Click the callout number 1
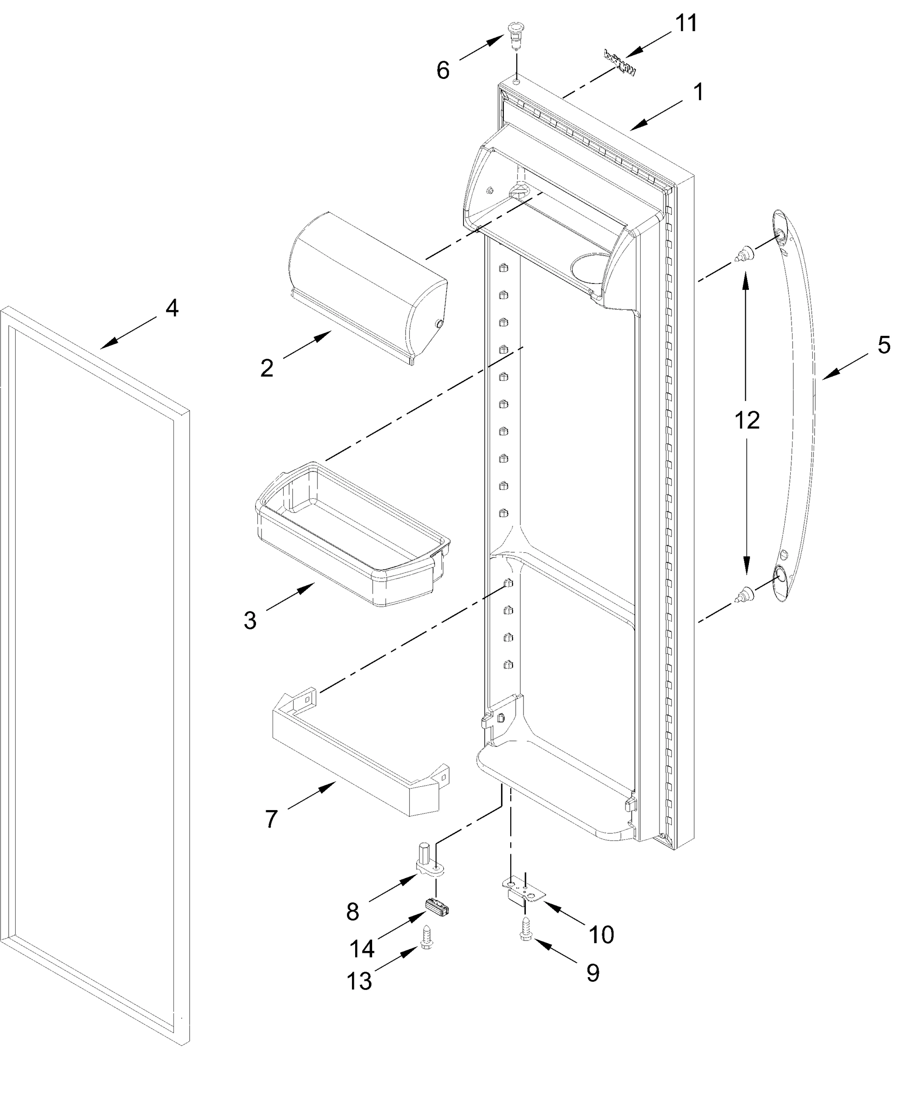pos(698,92)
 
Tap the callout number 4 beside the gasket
pos(172,308)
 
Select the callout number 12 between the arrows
pos(747,420)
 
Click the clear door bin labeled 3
pos(351,534)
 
